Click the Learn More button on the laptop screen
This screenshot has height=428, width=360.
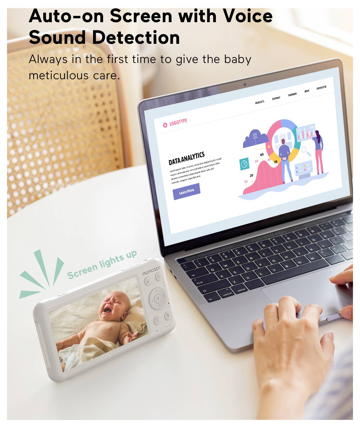click(186, 191)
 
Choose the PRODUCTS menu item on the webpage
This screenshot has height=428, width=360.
click(259, 102)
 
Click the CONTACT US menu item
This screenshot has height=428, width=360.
click(321, 88)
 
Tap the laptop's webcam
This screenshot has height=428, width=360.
click(245, 84)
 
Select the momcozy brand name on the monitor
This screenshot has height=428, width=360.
click(151, 271)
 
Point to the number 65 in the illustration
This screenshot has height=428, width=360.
click(262, 154)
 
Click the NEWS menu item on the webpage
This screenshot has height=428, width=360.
click(307, 91)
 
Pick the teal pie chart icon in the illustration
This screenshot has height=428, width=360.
click(245, 164)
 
